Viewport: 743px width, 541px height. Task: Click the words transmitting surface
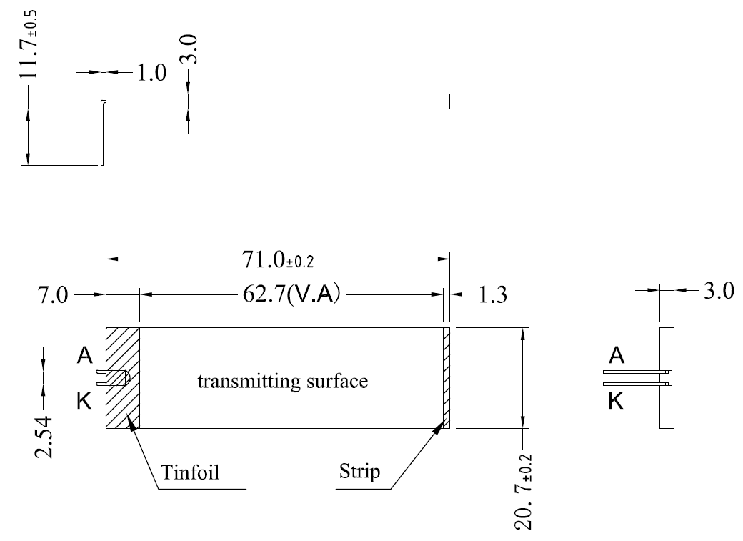pyautogui.click(x=283, y=381)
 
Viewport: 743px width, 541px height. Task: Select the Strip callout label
pyautogui.click(x=361, y=472)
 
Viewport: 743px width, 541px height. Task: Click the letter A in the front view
pyautogui.click(x=84, y=356)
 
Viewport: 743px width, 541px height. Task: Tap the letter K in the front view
pyautogui.click(x=84, y=402)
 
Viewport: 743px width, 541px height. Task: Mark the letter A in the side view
pyautogui.click(x=616, y=356)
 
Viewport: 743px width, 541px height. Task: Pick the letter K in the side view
pyautogui.click(x=616, y=402)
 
